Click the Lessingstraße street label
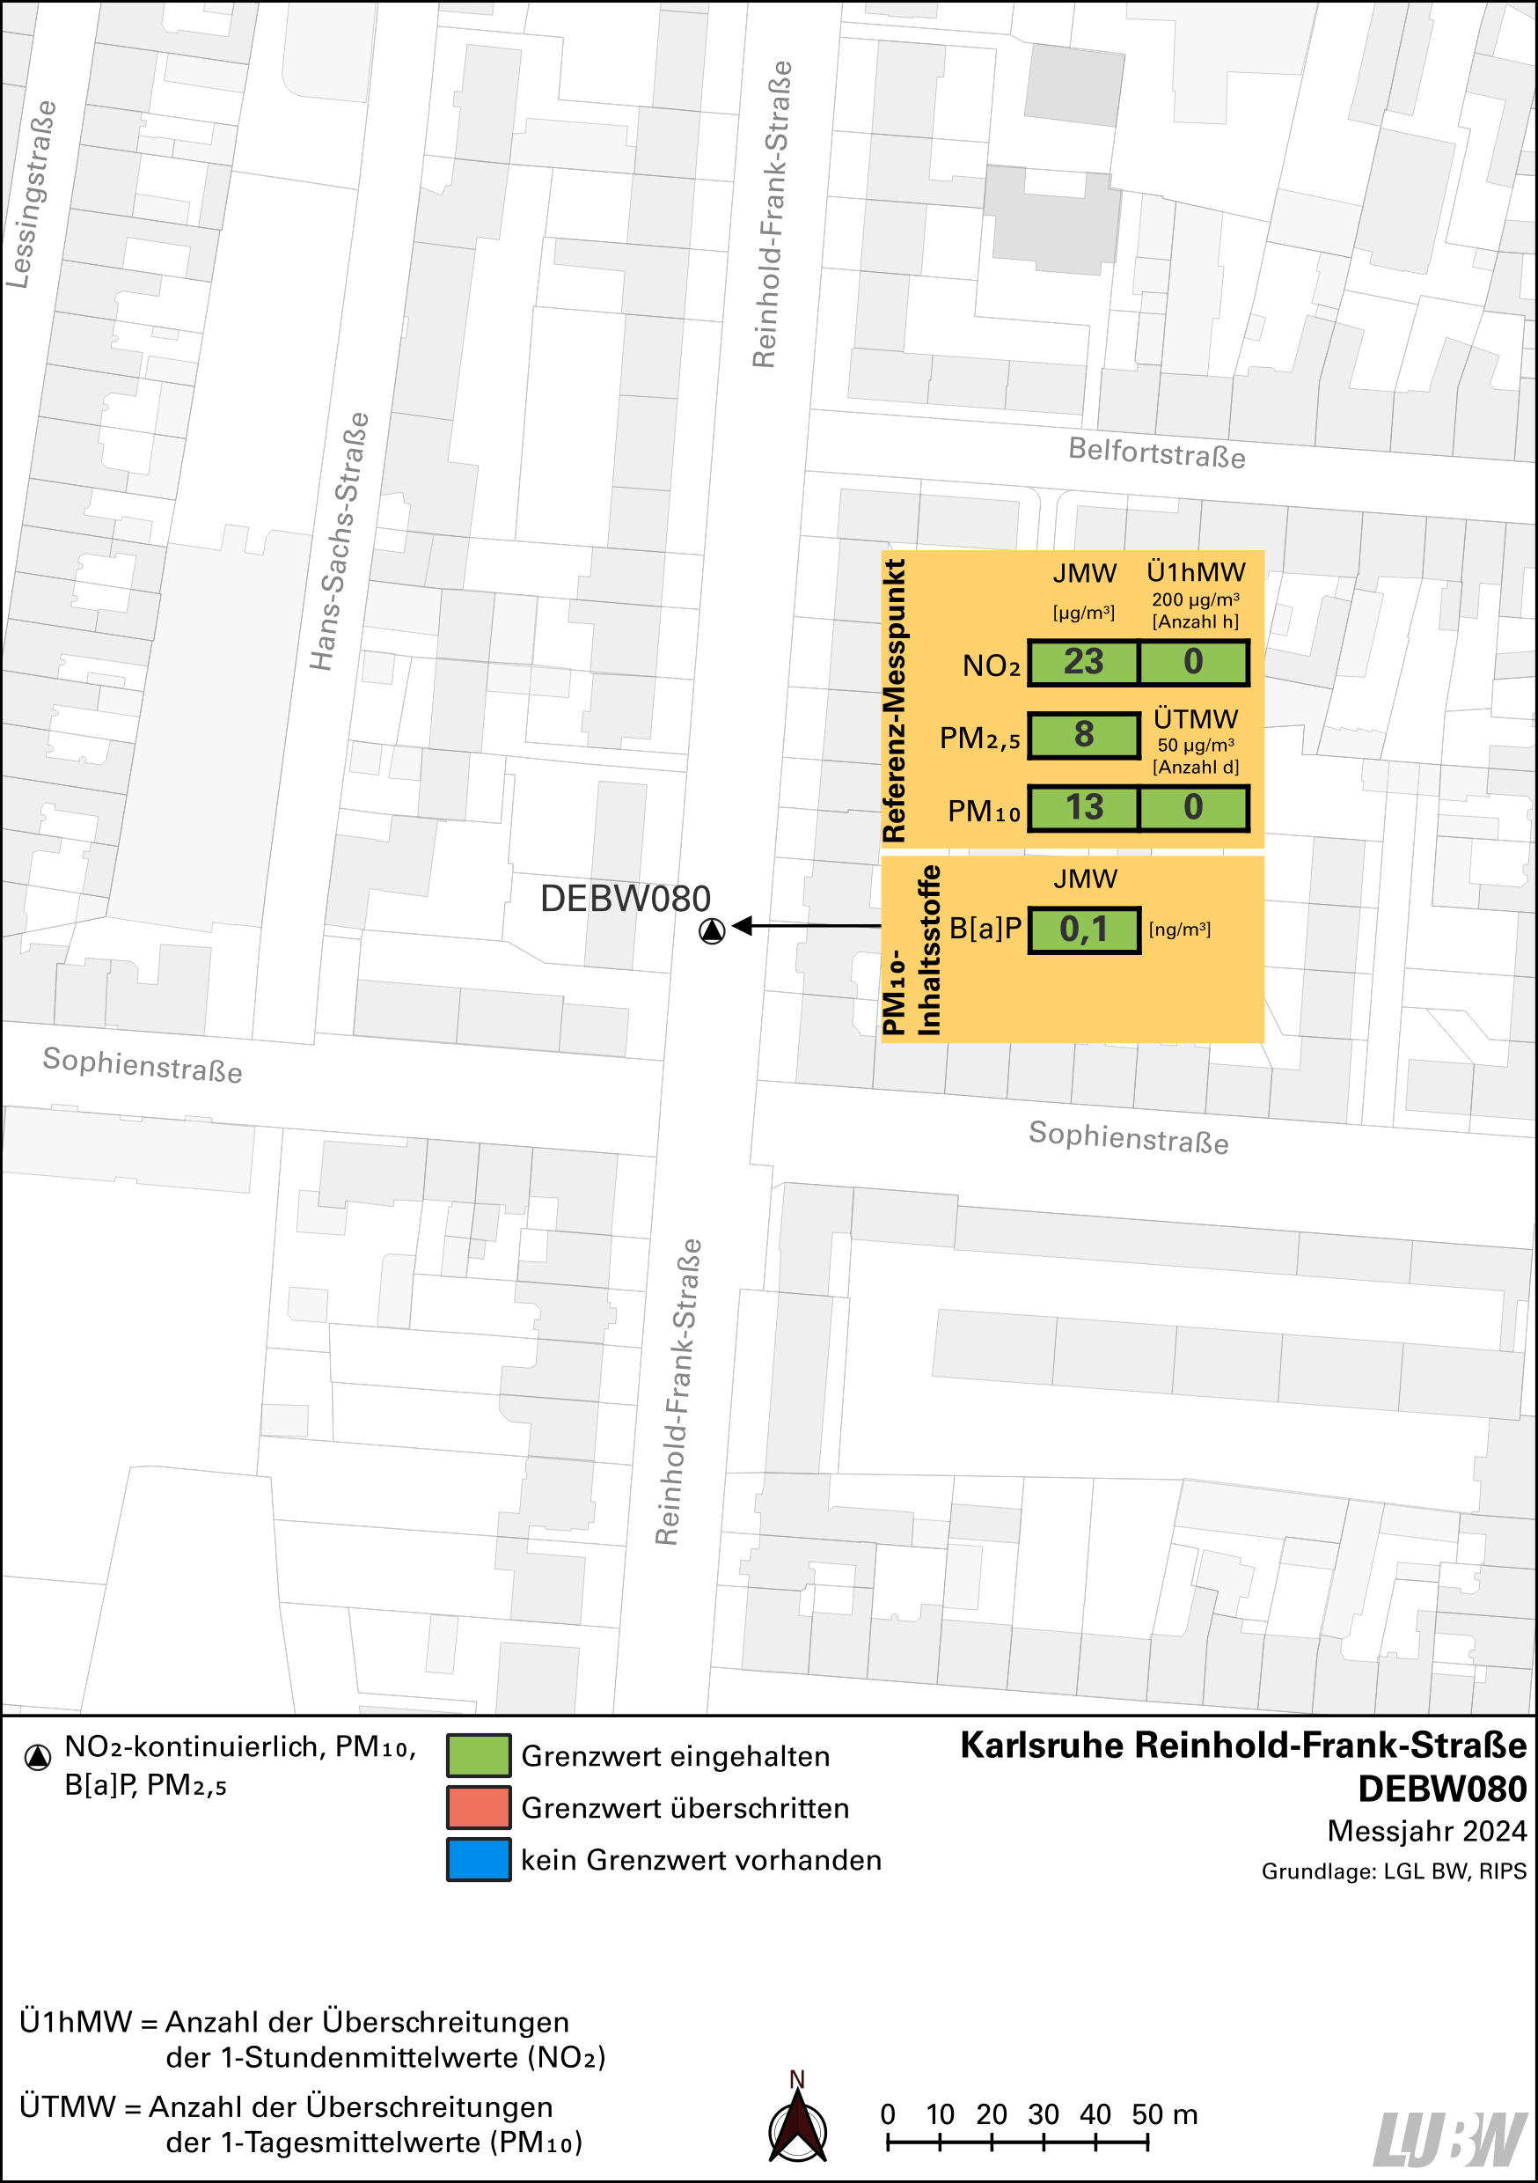(32, 194)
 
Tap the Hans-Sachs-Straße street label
(340, 541)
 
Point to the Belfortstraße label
(1156, 452)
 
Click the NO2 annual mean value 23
(1083, 662)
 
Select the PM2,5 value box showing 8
(1083, 735)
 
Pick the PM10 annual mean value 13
(1083, 807)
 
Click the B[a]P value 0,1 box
(1083, 929)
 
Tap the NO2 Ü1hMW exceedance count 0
(1193, 662)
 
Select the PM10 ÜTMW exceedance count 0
(1193, 807)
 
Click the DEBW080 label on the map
(625, 899)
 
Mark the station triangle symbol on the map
(712, 930)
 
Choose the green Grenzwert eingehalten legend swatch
(478, 1756)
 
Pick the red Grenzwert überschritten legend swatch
(478, 1807)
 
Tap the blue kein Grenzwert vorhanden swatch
(478, 1860)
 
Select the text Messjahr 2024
(1426, 1830)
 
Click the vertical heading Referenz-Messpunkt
(895, 700)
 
